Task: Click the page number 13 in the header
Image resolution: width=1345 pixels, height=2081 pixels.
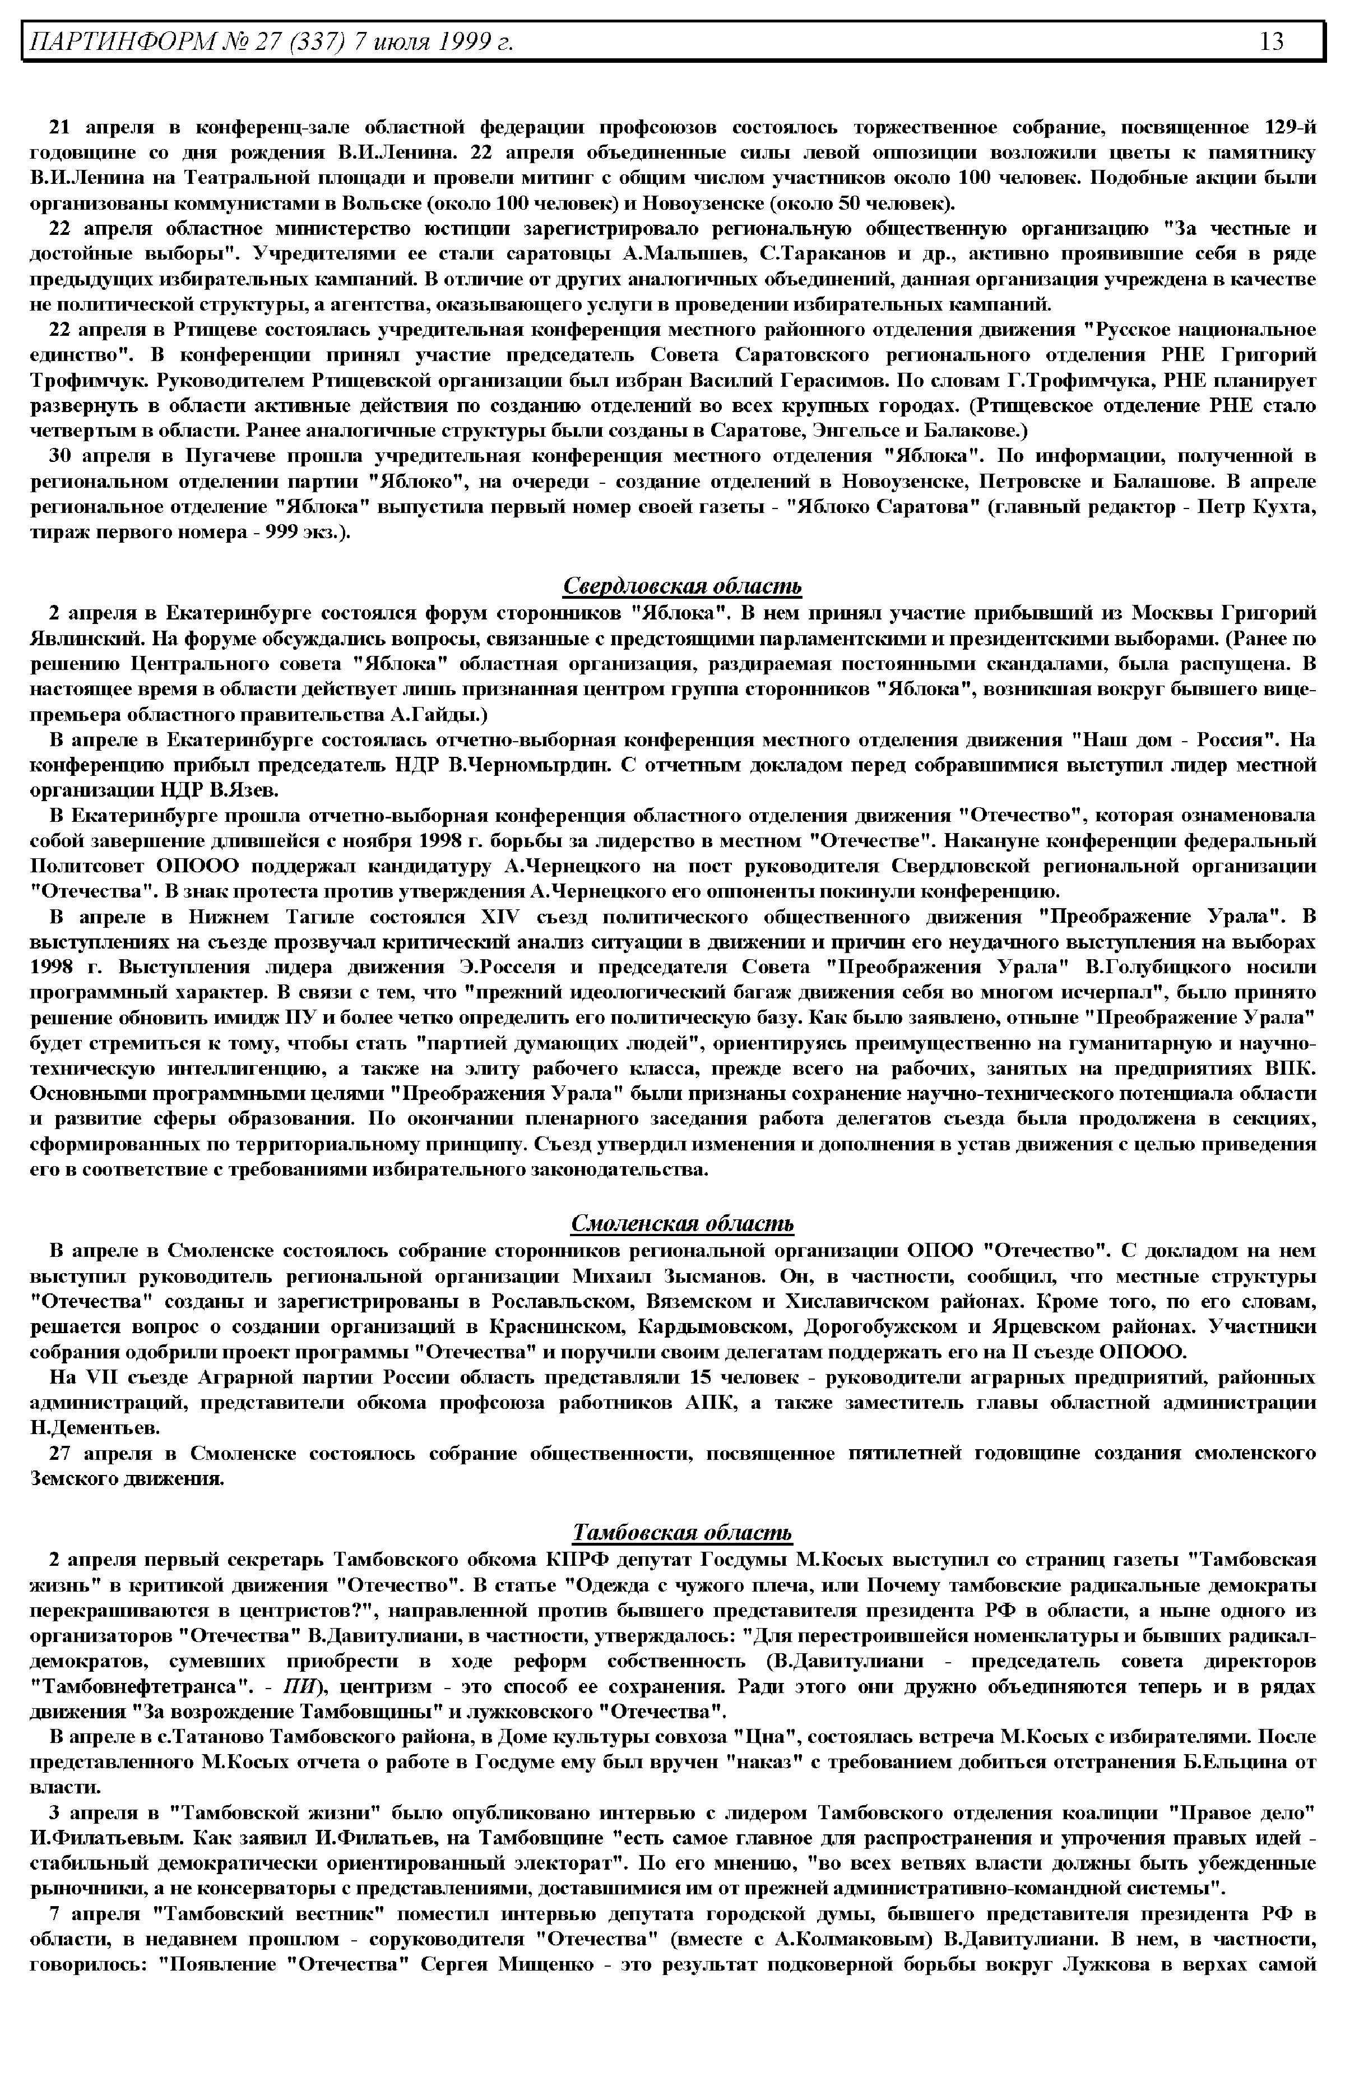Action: coord(1272,41)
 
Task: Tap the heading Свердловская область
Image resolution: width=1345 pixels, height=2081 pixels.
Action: coord(681,585)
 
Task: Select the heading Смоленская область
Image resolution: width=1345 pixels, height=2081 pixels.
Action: coord(681,1223)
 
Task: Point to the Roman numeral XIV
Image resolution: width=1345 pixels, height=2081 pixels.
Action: coord(500,917)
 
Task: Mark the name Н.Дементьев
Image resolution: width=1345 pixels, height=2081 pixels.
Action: coord(95,1427)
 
